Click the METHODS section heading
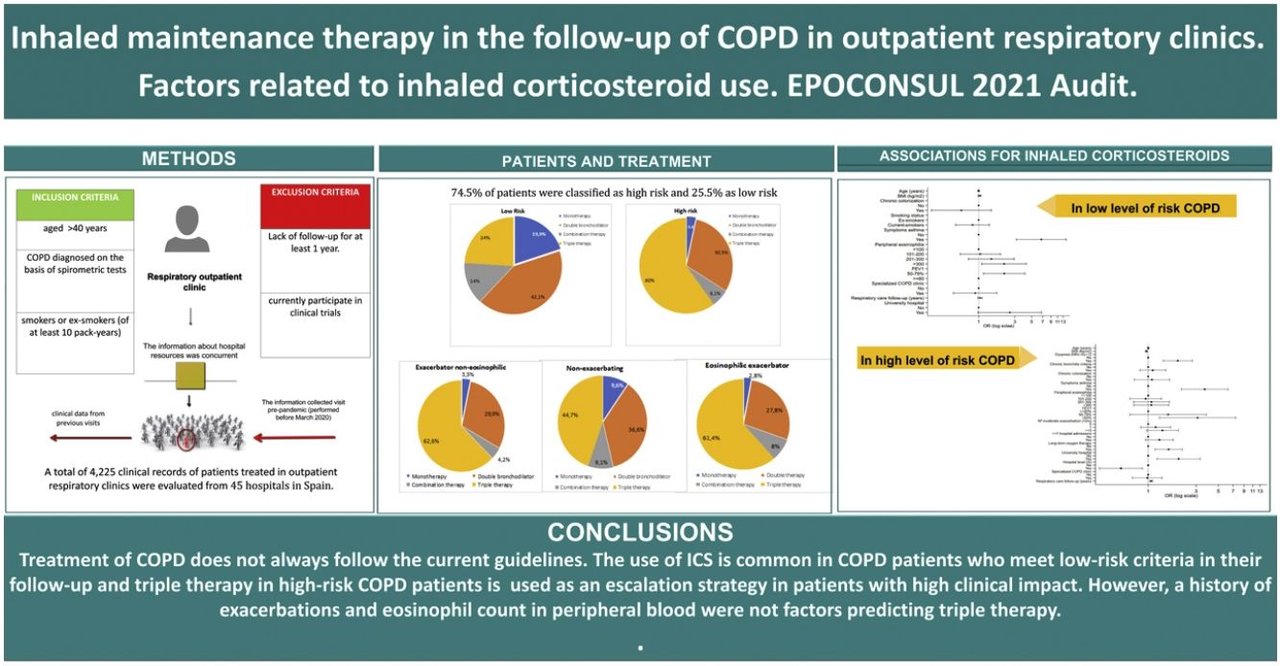pos(188,158)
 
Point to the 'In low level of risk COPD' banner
pos(1147,208)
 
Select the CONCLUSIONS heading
pos(640,532)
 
